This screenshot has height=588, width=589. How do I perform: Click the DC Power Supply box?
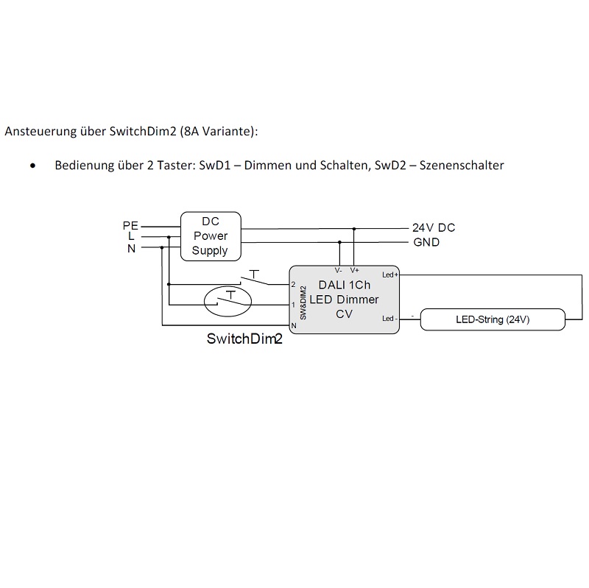coord(211,236)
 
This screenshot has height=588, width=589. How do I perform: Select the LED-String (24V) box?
coord(493,319)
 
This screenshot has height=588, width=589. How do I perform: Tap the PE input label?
coord(130,226)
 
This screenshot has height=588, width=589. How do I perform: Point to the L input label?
coord(131,236)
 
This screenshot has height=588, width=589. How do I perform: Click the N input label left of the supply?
coord(131,249)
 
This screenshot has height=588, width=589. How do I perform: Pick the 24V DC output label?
coord(434,227)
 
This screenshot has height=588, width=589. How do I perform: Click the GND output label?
coord(426,242)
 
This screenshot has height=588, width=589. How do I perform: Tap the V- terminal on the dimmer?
coord(339,270)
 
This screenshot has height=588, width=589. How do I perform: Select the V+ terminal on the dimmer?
coord(355,270)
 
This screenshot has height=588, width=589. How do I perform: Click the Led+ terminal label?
coord(390,274)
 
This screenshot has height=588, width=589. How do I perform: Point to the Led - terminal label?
coord(389,319)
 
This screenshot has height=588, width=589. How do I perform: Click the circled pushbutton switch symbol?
coord(228,301)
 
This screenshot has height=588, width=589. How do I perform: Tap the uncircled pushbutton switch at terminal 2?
coord(254,278)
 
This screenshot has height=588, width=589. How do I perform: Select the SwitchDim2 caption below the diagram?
coord(244,339)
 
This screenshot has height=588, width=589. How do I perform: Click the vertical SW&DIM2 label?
coord(303,302)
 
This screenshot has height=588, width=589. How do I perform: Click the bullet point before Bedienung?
coord(33,166)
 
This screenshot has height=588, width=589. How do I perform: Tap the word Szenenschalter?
coord(462,165)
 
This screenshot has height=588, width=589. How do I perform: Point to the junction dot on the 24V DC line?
coord(354,228)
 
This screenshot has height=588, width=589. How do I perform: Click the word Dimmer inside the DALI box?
coord(358,300)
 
